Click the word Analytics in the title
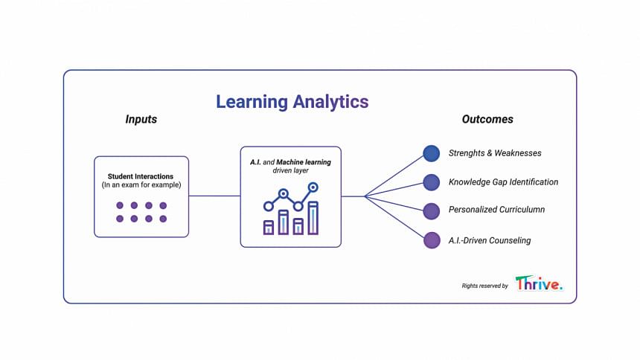pos(330,102)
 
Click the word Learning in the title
pos(252,102)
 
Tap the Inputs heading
pos(141,119)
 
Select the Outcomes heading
pos(487,119)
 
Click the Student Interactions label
pos(141,176)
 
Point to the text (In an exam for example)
pos(141,185)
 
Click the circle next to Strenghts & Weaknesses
pos(432,153)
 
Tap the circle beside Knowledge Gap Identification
pos(432,182)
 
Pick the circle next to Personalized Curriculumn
pos(432,211)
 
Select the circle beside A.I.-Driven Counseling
pos(432,240)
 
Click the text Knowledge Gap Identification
pos(503,182)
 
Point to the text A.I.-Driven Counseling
pos(490,240)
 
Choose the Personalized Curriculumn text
pos(496,210)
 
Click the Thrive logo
pos(539,283)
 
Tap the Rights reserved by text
pos(485,286)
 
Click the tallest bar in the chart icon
pos(313,218)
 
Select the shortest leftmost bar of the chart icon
pos(269,228)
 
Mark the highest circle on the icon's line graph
pos(313,187)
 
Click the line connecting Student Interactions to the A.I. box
pos(214,196)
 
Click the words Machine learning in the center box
pos(304,162)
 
